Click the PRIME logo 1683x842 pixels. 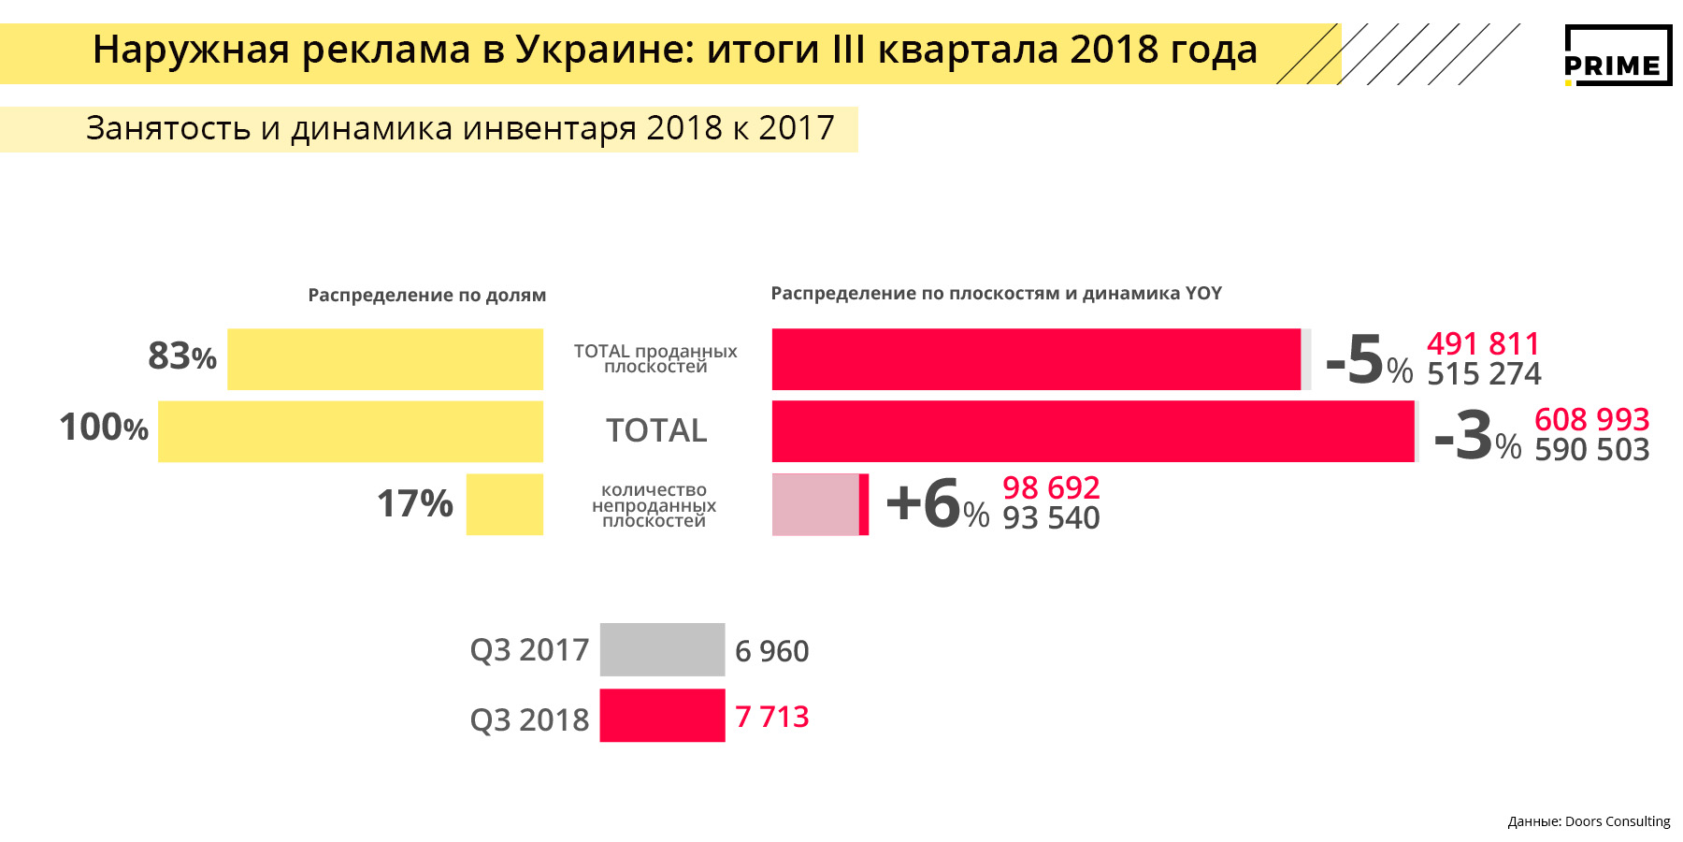tap(1618, 56)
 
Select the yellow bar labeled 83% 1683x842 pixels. tap(384, 359)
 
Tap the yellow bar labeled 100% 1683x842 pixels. tap(350, 431)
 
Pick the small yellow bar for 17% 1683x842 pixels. tap(504, 504)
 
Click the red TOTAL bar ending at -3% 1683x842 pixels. tap(1092, 431)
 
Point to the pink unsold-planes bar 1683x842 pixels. tap(815, 504)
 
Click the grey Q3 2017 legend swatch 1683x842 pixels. tap(662, 649)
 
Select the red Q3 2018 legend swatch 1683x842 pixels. tap(662, 716)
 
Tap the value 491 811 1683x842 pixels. tap(1483, 343)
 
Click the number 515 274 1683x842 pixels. tap(1484, 374)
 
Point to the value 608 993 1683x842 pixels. tap(1591, 419)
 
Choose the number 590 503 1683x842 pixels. tap(1591, 450)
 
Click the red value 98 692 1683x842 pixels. tap(1051, 487)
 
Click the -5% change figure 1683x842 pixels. tap(1368, 360)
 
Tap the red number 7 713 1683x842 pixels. tap(771, 717)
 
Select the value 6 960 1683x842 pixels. tap(771, 651)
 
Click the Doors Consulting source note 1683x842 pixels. tap(1589, 821)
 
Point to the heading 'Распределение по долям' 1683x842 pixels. tap(427, 295)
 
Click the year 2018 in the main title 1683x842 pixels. tap(1114, 50)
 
